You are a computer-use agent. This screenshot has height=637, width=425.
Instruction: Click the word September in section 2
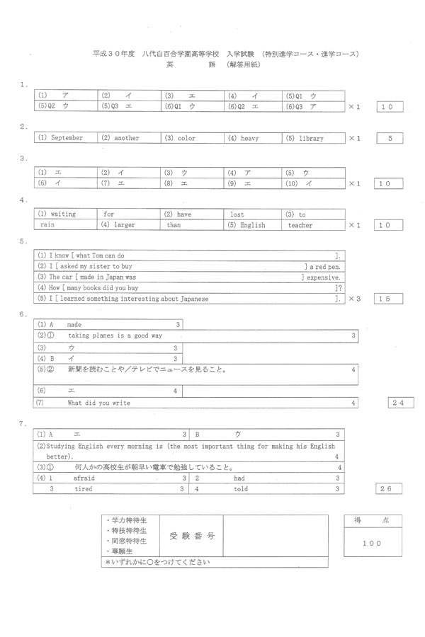point(67,138)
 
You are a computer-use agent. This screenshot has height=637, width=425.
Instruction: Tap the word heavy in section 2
point(249,138)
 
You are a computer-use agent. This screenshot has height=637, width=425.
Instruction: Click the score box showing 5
point(390,138)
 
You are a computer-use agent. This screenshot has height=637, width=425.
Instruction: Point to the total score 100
point(371,543)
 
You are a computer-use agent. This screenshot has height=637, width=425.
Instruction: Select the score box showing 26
point(390,488)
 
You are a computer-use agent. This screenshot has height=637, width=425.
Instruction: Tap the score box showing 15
point(390,299)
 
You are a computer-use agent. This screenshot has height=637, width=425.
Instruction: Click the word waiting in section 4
point(63,214)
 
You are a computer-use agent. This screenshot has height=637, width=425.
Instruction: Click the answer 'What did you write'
point(98,403)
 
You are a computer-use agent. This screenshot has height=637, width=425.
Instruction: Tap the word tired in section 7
point(83,488)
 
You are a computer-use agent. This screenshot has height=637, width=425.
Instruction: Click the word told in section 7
point(241,488)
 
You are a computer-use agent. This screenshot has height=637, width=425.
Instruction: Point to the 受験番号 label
point(191,536)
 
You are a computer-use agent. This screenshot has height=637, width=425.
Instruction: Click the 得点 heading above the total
point(372,521)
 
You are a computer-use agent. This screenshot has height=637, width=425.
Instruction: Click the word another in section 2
point(126,138)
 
